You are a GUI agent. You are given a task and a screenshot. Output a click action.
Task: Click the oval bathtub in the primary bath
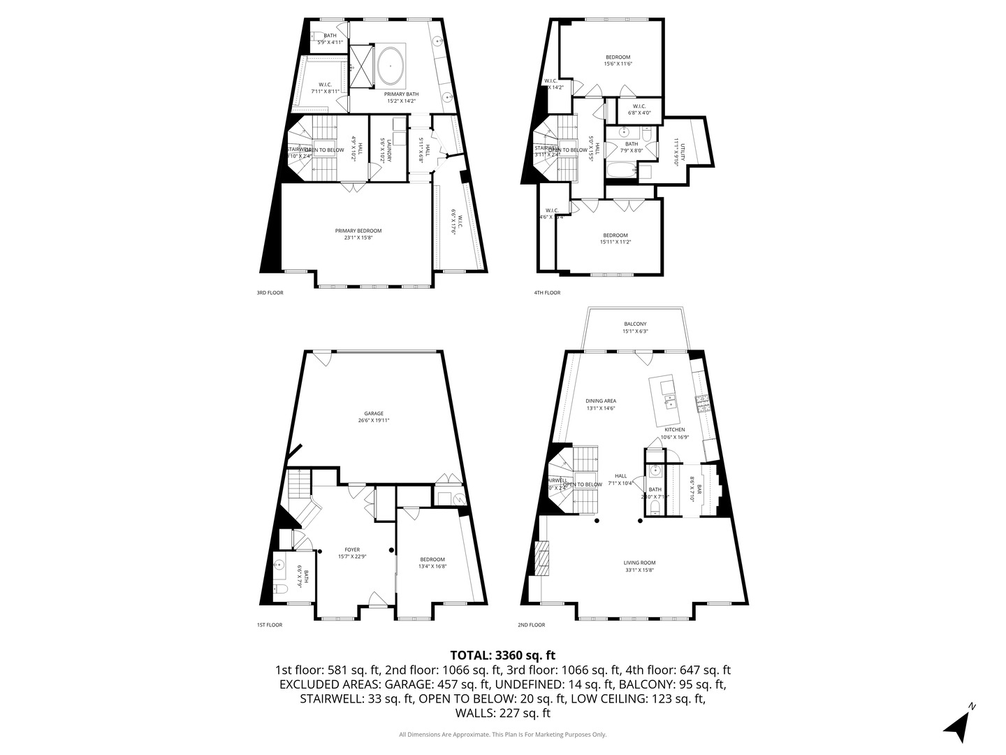390,66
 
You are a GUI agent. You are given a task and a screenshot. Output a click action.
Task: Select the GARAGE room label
373,414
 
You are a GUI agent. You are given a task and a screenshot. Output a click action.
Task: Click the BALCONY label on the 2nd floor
635,324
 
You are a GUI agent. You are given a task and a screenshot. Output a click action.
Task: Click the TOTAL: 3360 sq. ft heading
502,655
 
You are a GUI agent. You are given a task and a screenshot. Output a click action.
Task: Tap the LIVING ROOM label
639,563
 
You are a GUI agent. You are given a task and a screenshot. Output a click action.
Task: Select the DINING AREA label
600,401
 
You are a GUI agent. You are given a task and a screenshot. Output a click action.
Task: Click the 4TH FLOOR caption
547,293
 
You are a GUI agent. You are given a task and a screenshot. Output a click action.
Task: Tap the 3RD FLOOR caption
270,293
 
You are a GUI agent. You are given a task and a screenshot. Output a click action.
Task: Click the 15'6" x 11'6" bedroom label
618,57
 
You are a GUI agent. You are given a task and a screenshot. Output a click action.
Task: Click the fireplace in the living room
541,557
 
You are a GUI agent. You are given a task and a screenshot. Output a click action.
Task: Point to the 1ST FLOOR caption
269,625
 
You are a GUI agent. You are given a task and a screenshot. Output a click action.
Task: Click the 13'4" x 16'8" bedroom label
432,559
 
